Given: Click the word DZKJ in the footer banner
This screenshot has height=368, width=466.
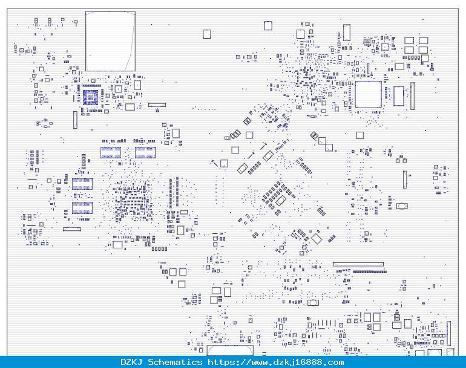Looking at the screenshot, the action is point(131,362).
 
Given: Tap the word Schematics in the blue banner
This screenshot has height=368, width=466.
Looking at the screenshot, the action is point(175,362).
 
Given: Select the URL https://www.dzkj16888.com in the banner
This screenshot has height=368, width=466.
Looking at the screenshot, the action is point(275,362).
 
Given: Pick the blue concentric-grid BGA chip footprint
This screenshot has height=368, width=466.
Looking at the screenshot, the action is point(90,97).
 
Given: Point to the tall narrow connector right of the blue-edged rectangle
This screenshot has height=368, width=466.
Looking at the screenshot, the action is point(412,96).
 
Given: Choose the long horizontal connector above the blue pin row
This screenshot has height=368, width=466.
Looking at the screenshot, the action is point(358,264).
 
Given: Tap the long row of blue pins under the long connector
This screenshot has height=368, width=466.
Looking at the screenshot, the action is point(370,271).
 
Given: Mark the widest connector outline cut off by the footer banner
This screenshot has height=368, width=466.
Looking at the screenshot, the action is point(231,350).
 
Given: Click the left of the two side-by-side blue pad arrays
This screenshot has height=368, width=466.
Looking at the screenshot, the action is point(111,152).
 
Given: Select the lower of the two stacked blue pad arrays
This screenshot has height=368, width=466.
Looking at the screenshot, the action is point(82,208).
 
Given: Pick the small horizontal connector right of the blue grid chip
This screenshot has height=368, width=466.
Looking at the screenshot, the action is point(157,105).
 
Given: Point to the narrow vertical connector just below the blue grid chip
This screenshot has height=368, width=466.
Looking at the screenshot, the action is point(75,120).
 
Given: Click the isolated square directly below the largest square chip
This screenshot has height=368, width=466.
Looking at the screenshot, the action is point(360,135).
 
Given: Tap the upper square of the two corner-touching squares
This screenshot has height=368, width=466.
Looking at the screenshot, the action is point(322,141).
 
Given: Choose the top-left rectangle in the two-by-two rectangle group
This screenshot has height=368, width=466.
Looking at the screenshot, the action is point(409,40).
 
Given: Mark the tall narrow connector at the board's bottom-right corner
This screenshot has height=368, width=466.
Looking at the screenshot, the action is point(449,334).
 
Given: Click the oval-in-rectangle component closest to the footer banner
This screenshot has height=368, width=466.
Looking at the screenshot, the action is point(313,302).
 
